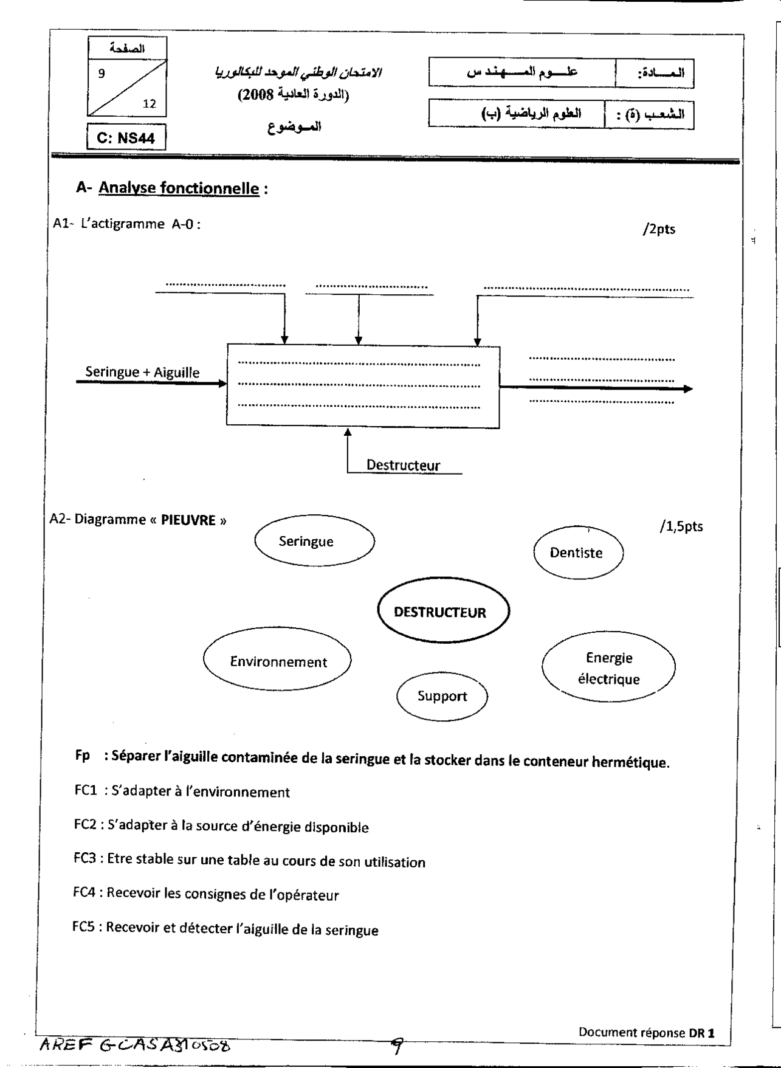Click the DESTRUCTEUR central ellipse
pyautogui.click(x=443, y=612)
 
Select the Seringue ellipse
pyautogui.click(x=314, y=541)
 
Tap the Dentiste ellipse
pyautogui.click(x=578, y=553)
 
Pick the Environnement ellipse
pyautogui.click(x=277, y=661)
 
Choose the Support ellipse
pyautogui.click(x=442, y=696)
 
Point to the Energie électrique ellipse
pyautogui.click(x=608, y=668)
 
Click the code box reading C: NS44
pyautogui.click(x=126, y=138)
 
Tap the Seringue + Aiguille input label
pyautogui.click(x=142, y=372)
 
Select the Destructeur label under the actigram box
pyautogui.click(x=403, y=466)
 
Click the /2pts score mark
pyautogui.click(x=658, y=230)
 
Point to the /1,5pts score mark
pyautogui.click(x=681, y=526)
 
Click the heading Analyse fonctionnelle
pyautogui.click(x=179, y=188)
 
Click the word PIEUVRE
pyautogui.click(x=188, y=520)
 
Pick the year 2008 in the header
pyautogui.click(x=255, y=95)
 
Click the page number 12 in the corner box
pyautogui.click(x=150, y=104)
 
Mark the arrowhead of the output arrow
pyautogui.click(x=688, y=389)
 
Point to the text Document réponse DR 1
pyautogui.click(x=646, y=1032)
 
